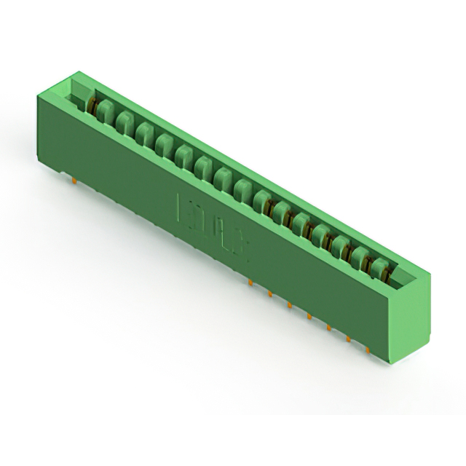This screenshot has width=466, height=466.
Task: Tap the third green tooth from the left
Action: [x=144, y=133]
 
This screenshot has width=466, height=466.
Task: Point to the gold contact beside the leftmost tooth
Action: [x=92, y=107]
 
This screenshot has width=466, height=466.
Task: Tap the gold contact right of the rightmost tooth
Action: [x=394, y=275]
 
